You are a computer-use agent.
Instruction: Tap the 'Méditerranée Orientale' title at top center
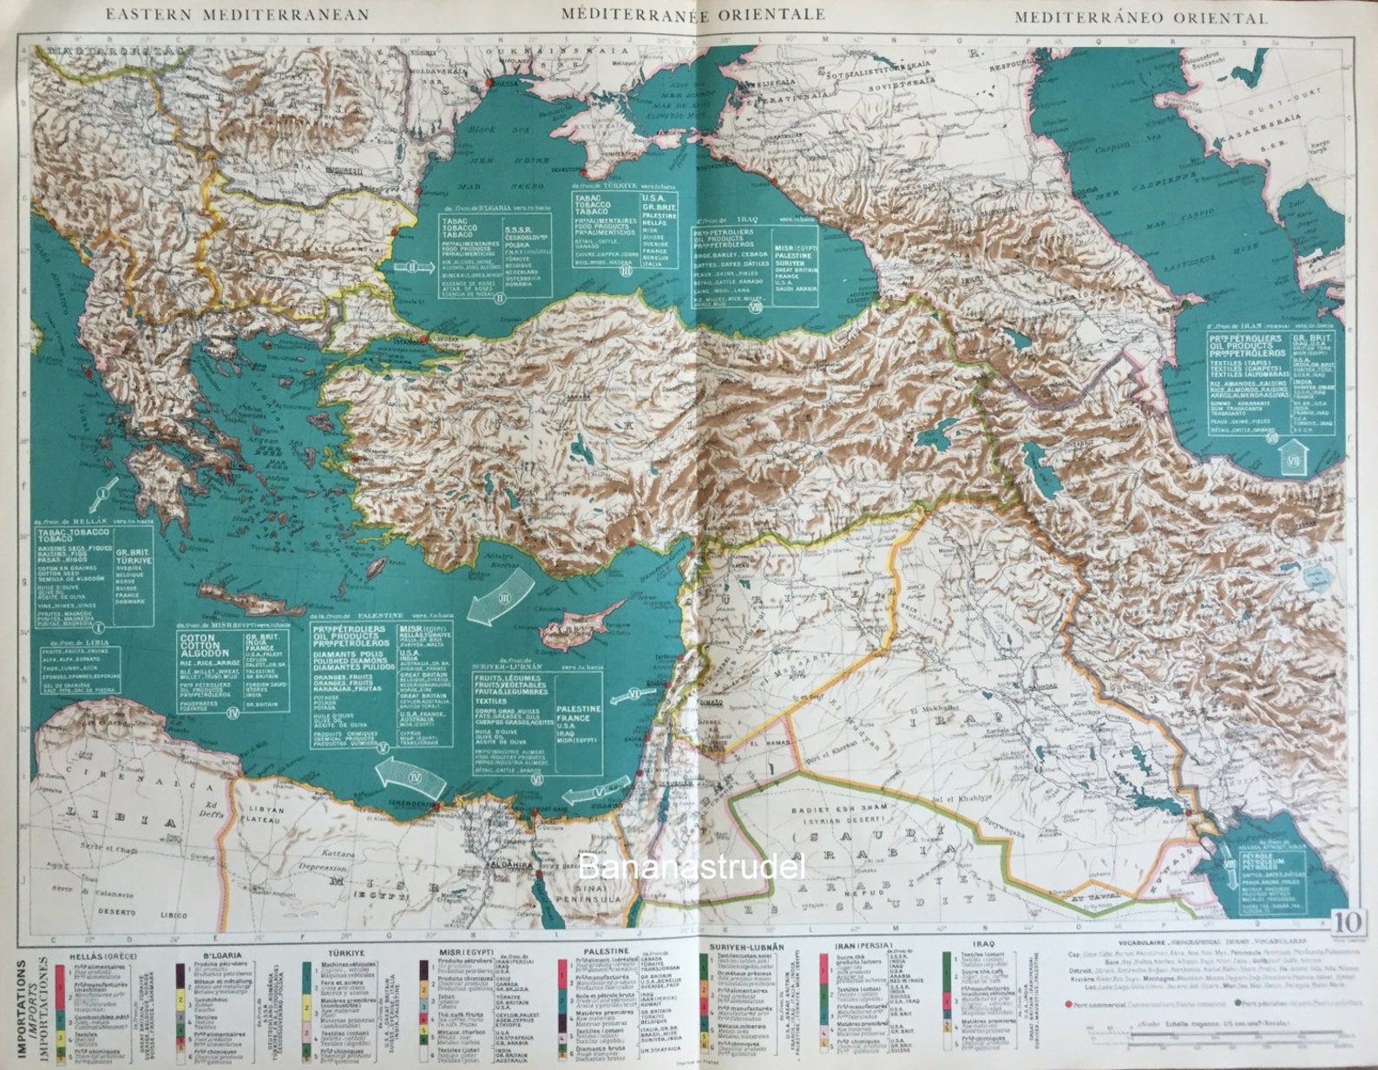[692, 14]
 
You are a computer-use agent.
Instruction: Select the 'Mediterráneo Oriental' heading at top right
[1141, 16]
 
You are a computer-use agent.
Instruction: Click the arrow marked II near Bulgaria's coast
[413, 267]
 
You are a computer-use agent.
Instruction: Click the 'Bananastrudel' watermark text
[692, 867]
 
